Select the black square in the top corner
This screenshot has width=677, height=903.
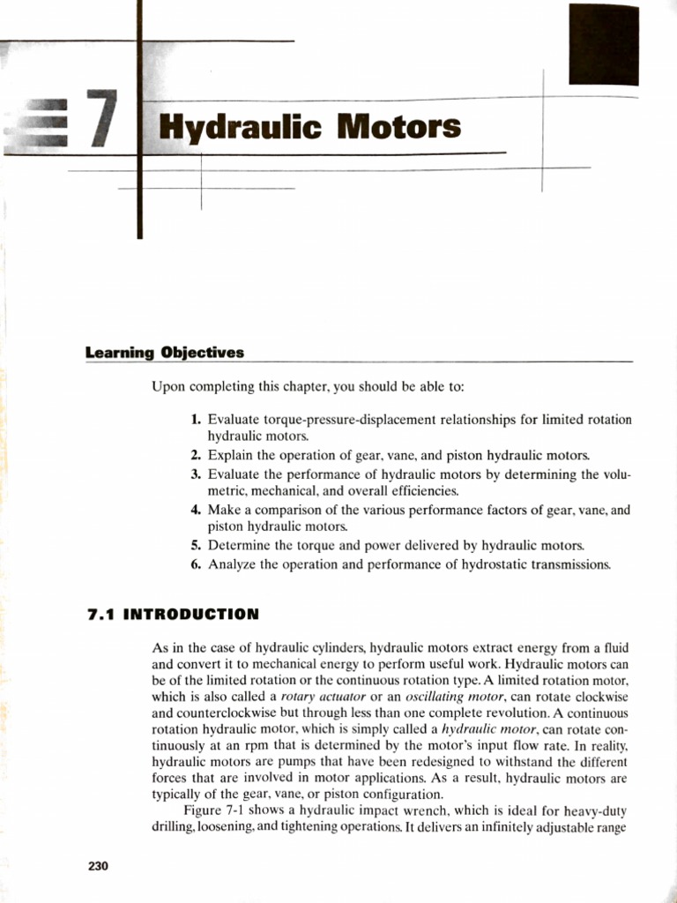[x=603, y=44]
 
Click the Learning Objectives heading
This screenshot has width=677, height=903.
[x=165, y=353]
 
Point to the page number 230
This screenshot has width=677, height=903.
[x=98, y=866]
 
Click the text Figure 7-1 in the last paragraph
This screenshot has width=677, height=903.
[x=215, y=810]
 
